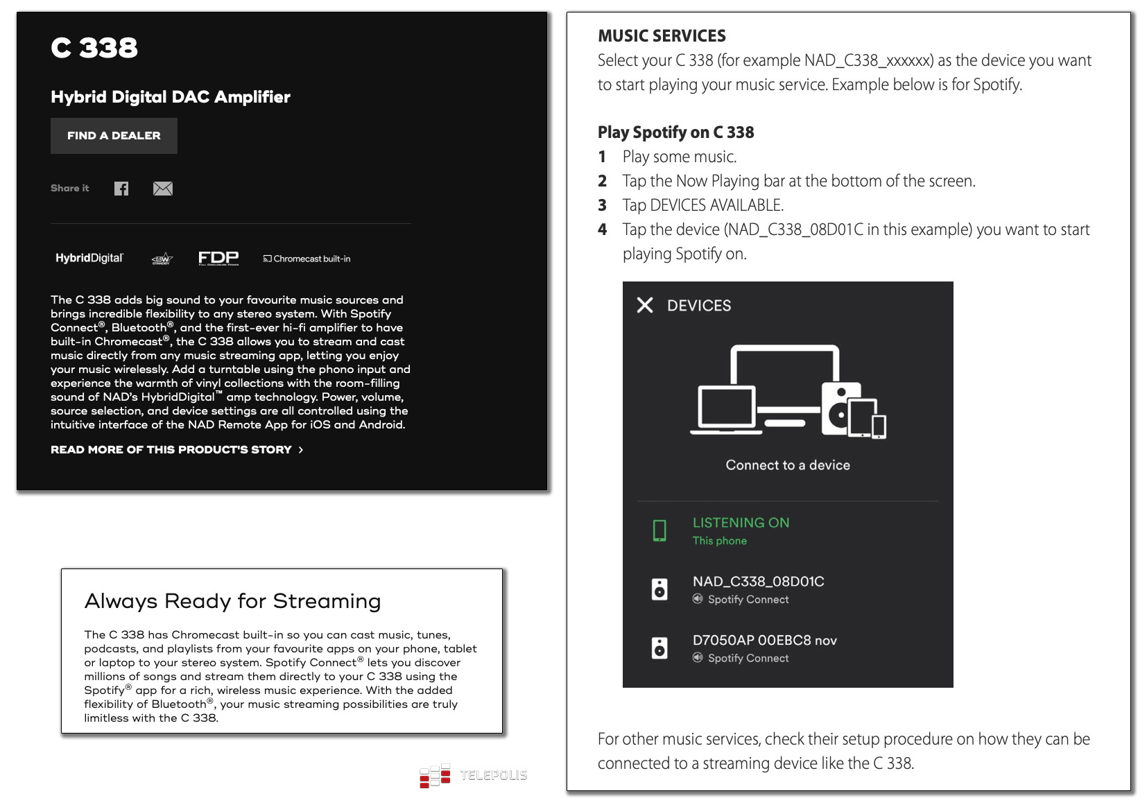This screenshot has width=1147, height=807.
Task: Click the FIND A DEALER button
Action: point(114,136)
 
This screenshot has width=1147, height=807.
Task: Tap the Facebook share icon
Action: point(121,189)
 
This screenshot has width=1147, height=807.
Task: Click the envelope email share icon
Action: point(163,189)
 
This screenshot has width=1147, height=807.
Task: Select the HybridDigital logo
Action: point(89,259)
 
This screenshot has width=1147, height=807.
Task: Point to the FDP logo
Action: point(218,258)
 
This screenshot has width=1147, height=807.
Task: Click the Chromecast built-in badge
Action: point(307,259)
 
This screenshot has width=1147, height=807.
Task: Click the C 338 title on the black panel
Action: point(94,48)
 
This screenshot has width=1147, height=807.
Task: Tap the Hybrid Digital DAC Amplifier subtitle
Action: point(171,97)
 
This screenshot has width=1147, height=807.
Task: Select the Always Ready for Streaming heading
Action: point(232,601)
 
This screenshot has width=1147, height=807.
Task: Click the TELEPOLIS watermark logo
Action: point(474,776)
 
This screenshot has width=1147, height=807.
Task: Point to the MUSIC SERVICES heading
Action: point(662,36)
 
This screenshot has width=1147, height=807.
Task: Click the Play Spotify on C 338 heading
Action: point(675,132)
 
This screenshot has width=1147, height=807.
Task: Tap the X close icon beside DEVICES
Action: point(645,305)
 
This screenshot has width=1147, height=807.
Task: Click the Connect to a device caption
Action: point(788,465)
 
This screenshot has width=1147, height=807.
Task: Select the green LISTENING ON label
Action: point(741,523)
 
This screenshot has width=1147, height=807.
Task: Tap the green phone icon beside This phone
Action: point(659,530)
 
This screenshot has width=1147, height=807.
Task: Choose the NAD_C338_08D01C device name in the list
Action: point(758,582)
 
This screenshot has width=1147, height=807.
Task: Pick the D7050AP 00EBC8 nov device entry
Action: point(764,641)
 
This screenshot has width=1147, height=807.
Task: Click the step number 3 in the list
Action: point(603,205)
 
